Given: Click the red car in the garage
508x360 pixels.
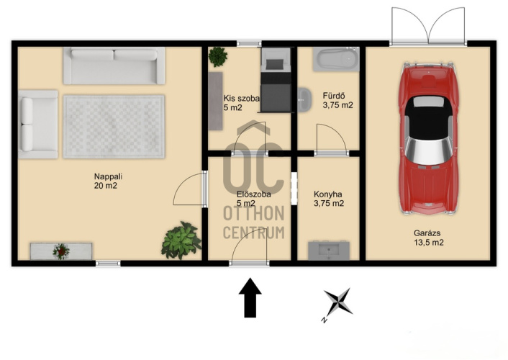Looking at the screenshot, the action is point(428,138).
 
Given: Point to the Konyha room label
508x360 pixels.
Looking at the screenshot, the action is point(327,194).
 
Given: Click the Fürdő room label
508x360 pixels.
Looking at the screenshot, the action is point(333,96).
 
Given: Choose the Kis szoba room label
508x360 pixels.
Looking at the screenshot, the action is point(241,98).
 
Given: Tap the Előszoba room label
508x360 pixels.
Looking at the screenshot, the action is point(254,194).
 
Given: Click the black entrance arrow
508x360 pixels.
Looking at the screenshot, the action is point(250,297).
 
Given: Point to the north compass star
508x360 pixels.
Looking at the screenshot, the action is point(338,302).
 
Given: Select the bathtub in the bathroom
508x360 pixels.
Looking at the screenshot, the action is point(336,59).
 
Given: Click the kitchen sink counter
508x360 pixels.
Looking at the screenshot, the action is point(329,250).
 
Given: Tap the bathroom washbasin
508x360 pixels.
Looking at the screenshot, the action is point(304,99).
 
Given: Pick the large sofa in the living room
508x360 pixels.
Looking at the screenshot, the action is point(114,66).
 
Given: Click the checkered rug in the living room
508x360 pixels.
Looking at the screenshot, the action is point(114,127).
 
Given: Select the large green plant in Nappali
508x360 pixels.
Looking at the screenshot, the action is point(181,240).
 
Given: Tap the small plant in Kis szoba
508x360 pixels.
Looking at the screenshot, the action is point(218,56).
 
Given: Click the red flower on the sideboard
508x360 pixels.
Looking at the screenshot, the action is point(61,251).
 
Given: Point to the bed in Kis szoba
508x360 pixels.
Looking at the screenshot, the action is point(276,80).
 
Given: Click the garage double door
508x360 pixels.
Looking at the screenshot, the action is point(428,27).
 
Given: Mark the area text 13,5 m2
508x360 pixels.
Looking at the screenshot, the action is point(429,242).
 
